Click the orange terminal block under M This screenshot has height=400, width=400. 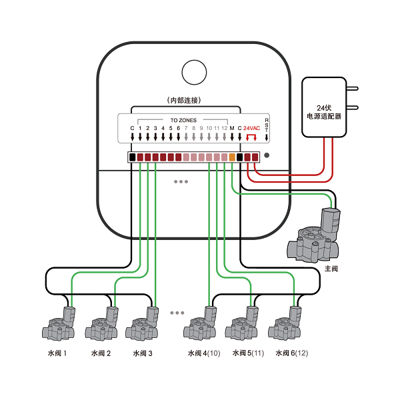[x=232, y=157]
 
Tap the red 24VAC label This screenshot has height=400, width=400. [x=251, y=128]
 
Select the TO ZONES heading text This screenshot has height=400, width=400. [x=183, y=120]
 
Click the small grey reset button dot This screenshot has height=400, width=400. [x=267, y=155]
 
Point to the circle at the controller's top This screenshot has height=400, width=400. [x=194, y=72]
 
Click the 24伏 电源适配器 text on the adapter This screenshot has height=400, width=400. [x=324, y=112]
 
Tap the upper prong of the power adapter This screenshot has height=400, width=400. [x=352, y=89]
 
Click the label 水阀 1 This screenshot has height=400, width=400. [x=57, y=353]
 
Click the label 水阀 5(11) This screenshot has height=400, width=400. [x=248, y=353]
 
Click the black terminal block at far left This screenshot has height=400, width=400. [x=133, y=157]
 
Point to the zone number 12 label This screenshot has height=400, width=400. [x=224, y=128]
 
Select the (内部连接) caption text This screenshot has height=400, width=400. [x=184, y=100]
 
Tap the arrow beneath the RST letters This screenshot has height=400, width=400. [x=267, y=137]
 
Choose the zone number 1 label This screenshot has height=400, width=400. [x=140, y=128]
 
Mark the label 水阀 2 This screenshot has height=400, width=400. [x=101, y=353]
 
